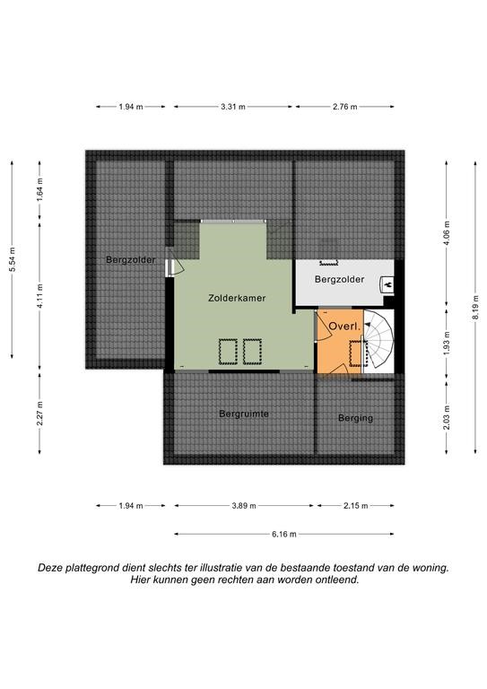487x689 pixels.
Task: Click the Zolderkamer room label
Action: pyautogui.click(x=237, y=298)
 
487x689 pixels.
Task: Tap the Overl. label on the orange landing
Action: pyautogui.click(x=344, y=327)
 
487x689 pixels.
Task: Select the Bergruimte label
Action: pyautogui.click(x=244, y=414)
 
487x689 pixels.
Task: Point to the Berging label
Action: pyautogui.click(x=355, y=418)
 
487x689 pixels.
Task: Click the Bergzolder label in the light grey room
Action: pyautogui.click(x=339, y=279)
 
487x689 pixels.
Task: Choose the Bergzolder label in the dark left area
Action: pyautogui.click(x=131, y=259)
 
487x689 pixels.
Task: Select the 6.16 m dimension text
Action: pyautogui.click(x=283, y=535)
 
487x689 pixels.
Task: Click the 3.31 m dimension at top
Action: pyautogui.click(x=233, y=107)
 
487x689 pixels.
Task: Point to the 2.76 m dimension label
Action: pyautogui.click(x=344, y=107)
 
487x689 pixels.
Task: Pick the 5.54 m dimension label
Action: pyautogui.click(x=13, y=259)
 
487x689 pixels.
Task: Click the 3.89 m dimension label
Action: pyautogui.click(x=244, y=506)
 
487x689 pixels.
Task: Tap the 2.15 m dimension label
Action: pyautogui.click(x=355, y=506)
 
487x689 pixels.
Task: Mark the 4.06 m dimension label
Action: pyautogui.click(x=447, y=236)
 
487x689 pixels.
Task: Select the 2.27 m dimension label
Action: pyautogui.click(x=40, y=414)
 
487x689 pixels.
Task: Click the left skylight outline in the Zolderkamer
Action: pyautogui.click(x=228, y=352)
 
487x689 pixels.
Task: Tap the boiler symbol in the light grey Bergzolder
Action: pyautogui.click(x=387, y=284)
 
